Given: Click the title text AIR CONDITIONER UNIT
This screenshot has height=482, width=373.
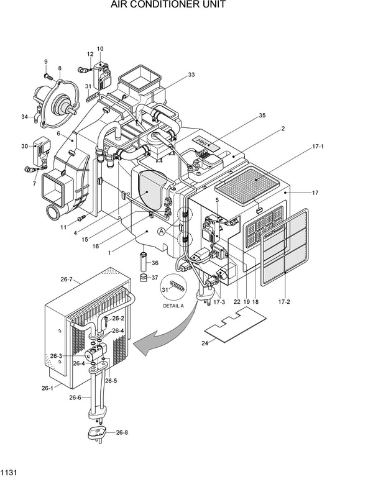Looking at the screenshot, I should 168,6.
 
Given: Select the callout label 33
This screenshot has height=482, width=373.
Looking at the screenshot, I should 191,75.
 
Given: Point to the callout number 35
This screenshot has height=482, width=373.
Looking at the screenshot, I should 262,116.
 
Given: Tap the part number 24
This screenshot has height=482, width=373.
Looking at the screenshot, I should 205,342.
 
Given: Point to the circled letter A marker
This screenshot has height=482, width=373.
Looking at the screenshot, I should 162,231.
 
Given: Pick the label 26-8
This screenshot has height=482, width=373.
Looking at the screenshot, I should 122,433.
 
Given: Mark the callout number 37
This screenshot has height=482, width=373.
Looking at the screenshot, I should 154,277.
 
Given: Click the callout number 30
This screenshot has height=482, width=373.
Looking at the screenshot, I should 24,146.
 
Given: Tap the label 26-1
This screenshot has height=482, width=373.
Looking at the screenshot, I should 48,388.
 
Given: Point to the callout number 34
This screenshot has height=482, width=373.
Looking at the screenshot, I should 24,116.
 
